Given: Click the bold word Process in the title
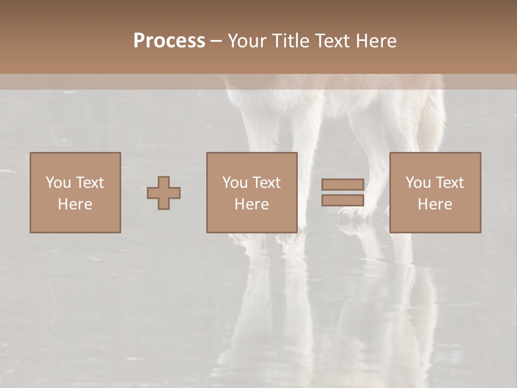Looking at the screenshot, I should [169, 41].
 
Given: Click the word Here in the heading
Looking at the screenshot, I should [376, 41].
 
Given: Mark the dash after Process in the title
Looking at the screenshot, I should [216, 41].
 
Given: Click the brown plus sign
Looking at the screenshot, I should [164, 193].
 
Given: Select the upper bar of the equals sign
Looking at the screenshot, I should [343, 185].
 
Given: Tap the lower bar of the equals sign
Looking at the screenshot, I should [343, 200].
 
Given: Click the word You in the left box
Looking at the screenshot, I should [58, 183].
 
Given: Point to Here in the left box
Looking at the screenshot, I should [75, 204].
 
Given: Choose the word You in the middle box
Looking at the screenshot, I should [235, 183].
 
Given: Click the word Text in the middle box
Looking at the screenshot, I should [266, 183].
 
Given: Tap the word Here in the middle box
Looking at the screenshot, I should [251, 204].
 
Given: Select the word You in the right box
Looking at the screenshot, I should [418, 183].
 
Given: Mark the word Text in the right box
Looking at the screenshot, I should [449, 183].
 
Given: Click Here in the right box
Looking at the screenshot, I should [435, 204].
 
